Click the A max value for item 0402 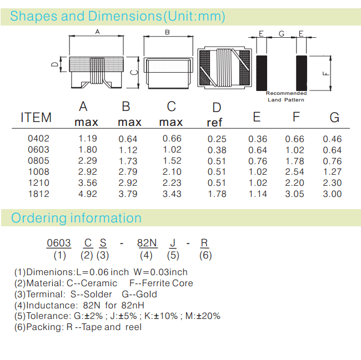(88, 139)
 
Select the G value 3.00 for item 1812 (332, 194)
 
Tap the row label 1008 (38, 172)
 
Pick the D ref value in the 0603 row (217, 150)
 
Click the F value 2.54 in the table (294, 172)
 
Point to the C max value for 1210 (172, 183)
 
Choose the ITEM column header (36, 118)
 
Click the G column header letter (334, 118)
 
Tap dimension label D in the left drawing (55, 64)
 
